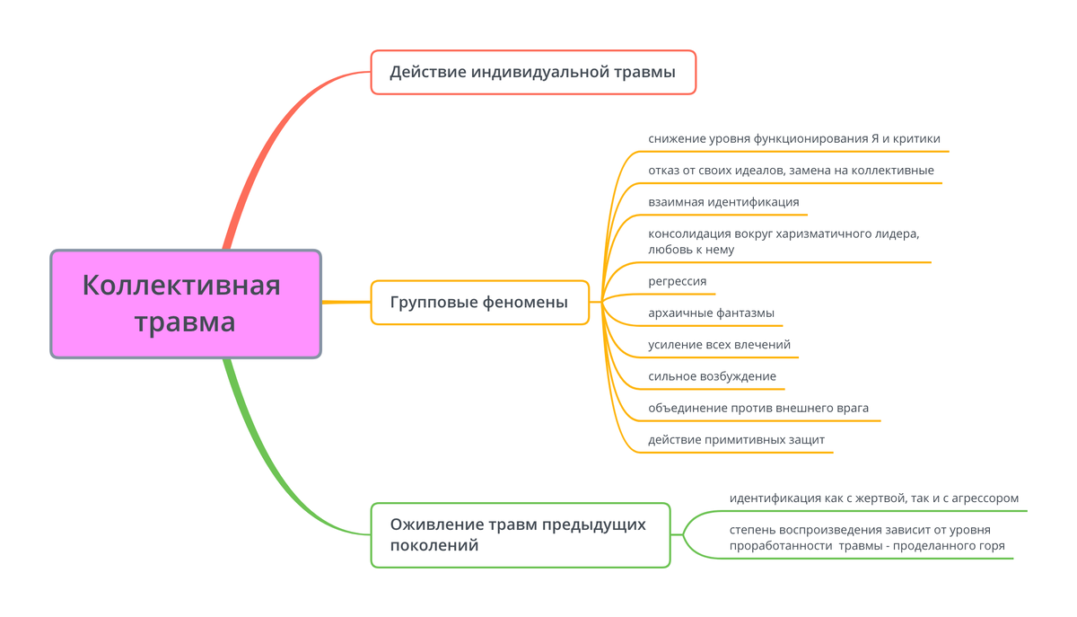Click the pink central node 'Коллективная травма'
tap(186, 304)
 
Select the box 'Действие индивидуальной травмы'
tap(533, 72)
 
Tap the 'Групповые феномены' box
tap(480, 303)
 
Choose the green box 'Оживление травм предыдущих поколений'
tap(521, 534)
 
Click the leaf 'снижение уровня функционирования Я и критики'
tap(793, 138)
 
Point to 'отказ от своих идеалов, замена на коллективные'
tap(791, 171)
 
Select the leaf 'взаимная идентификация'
tap(723, 202)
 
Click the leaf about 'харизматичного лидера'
tap(784, 242)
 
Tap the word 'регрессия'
tap(678, 281)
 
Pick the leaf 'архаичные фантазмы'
tap(711, 313)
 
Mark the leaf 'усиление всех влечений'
tap(719, 345)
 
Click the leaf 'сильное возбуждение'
tap(712, 376)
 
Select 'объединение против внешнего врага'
tap(758, 408)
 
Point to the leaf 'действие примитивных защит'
tap(736, 440)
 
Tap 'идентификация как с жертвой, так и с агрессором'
tap(873, 498)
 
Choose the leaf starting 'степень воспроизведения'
tap(867, 538)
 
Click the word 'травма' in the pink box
tap(185, 322)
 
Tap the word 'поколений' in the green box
tap(434, 546)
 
